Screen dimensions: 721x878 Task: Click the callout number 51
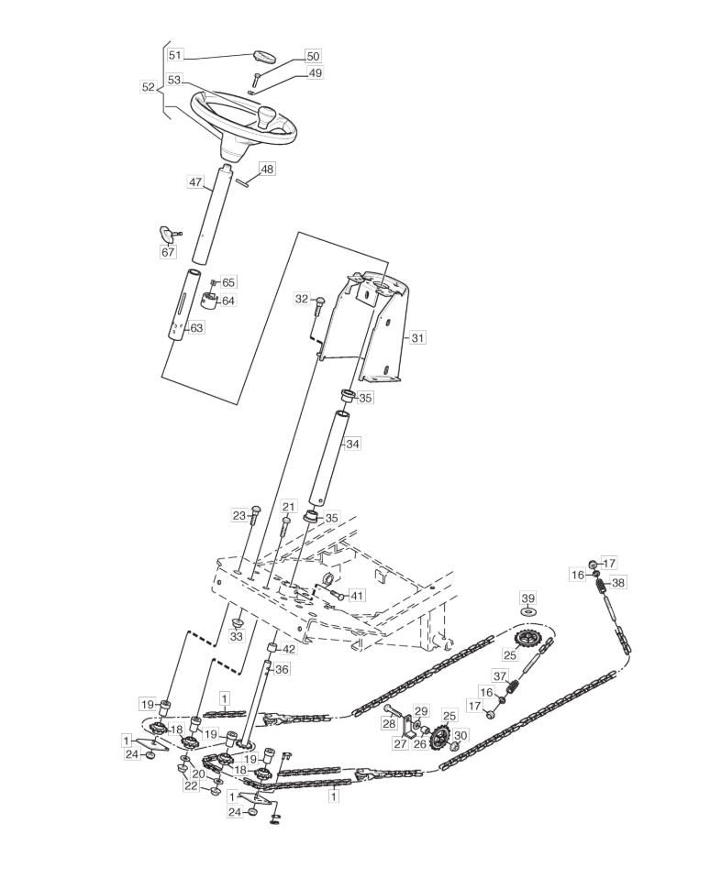point(175,55)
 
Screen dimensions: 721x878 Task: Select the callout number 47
point(194,182)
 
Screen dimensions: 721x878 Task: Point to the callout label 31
point(417,337)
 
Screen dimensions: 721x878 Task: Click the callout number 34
point(352,444)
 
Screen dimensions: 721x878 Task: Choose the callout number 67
point(169,252)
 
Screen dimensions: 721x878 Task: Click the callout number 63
point(196,327)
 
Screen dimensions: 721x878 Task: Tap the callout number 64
point(228,301)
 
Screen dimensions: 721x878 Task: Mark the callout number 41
point(357,595)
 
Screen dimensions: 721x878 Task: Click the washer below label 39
point(527,612)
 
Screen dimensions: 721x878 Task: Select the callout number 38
point(618,582)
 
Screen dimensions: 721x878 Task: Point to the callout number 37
point(500,675)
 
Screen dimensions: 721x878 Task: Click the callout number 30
point(460,735)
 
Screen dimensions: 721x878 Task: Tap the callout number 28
point(389,725)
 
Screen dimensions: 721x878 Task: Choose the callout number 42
point(288,650)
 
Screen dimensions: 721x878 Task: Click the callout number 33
point(238,637)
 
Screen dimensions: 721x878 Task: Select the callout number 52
point(149,87)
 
